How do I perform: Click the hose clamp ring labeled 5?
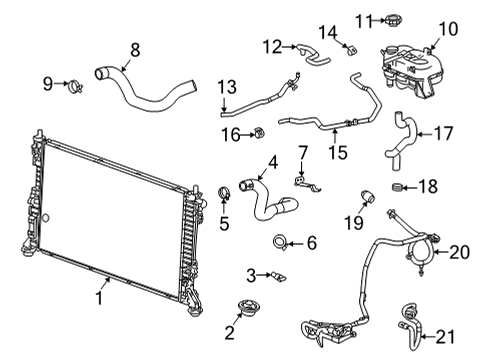tap(225, 193)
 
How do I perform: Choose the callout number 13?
tap(226, 86)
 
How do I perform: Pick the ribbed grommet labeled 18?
tap(397, 187)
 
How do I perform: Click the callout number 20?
tap(458, 253)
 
